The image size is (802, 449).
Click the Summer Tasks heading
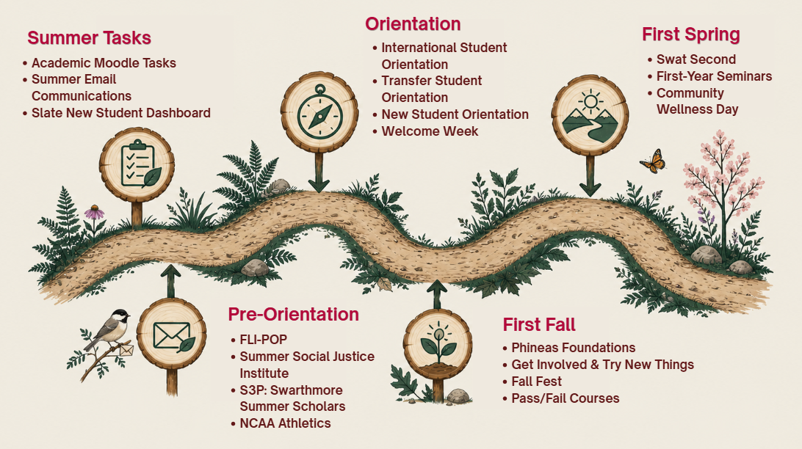(89, 38)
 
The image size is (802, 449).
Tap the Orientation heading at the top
(413, 24)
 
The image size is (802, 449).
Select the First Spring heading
(691, 34)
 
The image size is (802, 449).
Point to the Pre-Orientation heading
(294, 314)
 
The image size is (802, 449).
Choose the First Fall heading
(539, 325)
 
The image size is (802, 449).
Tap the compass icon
(319, 112)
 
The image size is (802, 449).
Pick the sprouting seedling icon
(437, 343)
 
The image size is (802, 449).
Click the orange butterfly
(654, 161)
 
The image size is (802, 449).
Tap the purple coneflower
(94, 213)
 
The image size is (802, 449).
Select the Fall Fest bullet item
(532, 382)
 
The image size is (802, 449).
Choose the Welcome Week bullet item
(425, 131)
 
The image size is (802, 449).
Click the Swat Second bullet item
(692, 59)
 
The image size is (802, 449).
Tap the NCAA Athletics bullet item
(281, 423)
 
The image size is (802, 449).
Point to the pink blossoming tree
(722, 189)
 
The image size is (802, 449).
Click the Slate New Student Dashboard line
(117, 113)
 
